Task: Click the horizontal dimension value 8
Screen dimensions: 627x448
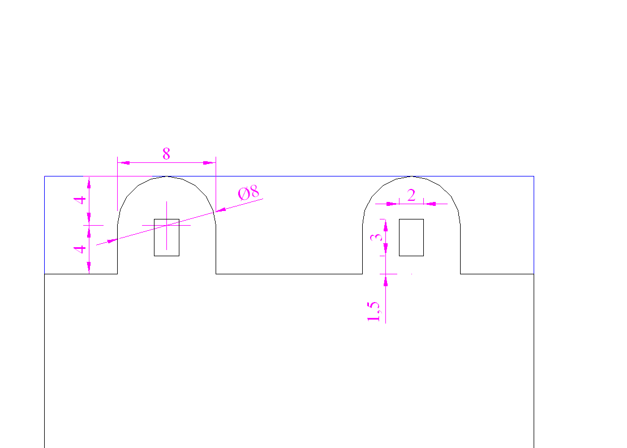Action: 166,153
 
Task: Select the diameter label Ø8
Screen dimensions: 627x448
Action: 248,193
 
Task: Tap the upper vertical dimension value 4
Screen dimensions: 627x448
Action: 80,200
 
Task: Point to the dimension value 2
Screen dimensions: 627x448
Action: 411,195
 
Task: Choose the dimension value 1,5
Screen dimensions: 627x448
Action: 373,312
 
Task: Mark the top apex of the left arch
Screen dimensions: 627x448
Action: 167,176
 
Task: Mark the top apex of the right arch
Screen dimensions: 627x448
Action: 412,176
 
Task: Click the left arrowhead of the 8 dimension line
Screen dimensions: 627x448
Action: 123,163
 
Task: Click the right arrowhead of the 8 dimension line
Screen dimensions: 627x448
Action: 209,163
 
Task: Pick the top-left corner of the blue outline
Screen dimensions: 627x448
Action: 44,176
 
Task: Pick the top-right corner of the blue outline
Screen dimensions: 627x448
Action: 534,176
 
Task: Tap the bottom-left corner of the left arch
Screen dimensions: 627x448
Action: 118,274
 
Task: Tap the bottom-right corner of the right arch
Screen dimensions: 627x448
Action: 461,274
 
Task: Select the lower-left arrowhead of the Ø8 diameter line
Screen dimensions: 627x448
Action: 111,240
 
